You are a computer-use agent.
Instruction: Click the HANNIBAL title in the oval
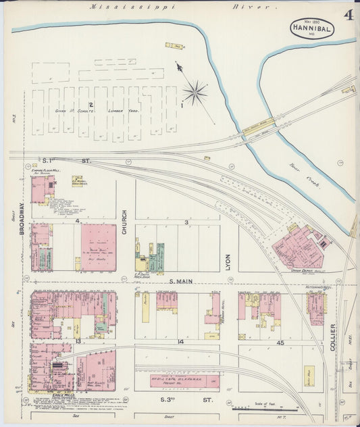(311, 30)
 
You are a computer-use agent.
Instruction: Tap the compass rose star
(195, 93)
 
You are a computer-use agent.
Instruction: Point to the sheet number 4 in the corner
(349, 14)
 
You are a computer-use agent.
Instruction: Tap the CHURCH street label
(124, 226)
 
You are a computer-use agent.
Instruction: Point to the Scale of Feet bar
(265, 409)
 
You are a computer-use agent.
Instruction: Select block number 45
(279, 343)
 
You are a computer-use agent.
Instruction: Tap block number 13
(79, 342)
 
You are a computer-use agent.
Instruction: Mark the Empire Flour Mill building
(43, 188)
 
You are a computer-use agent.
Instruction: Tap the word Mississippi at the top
(133, 7)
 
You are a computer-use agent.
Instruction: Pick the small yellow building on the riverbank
(174, 46)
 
